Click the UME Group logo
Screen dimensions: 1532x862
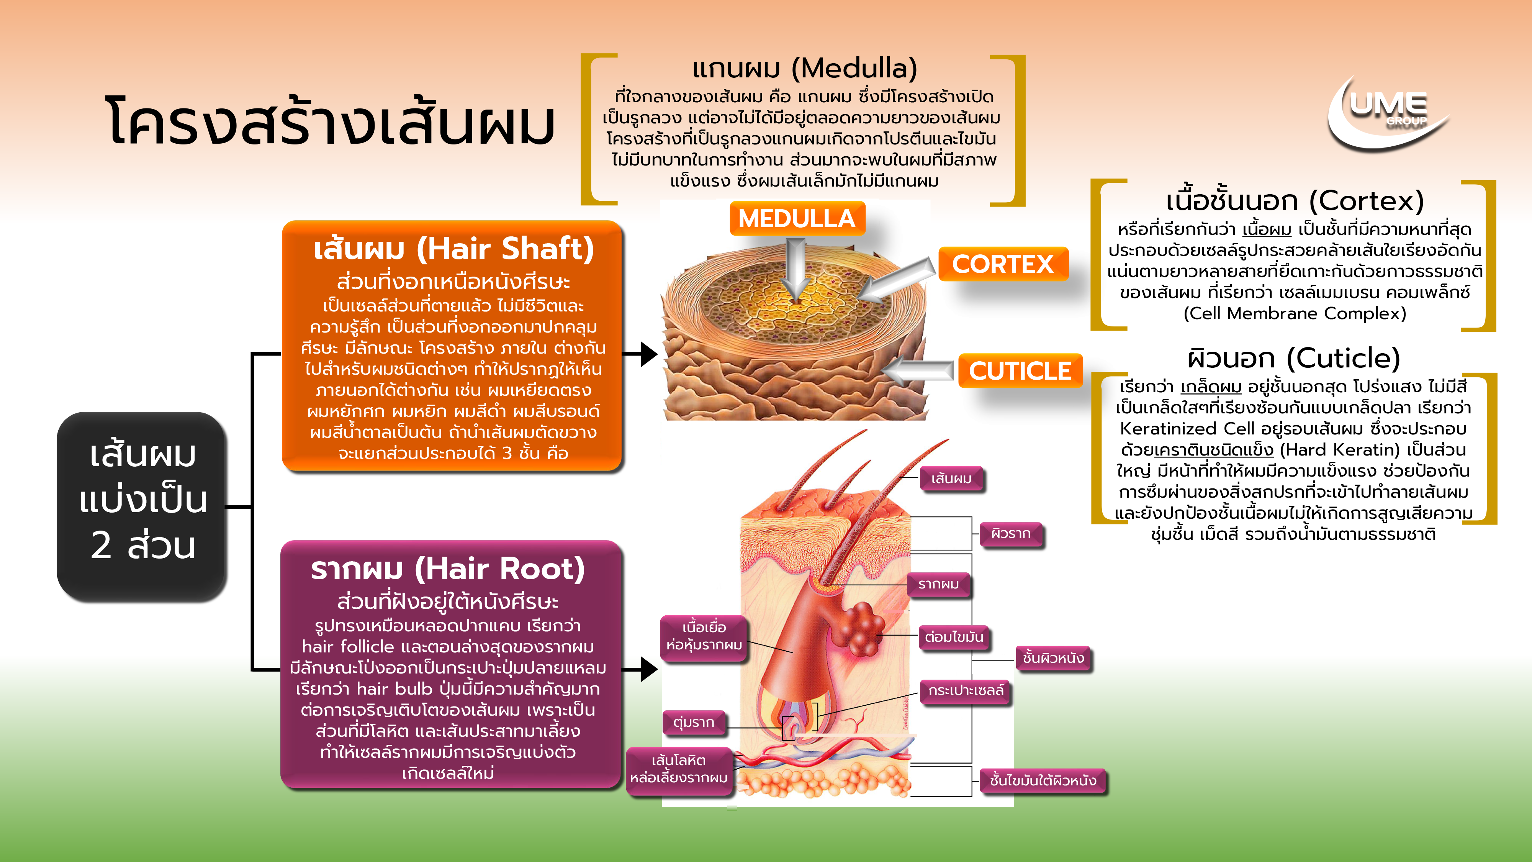(x=1388, y=113)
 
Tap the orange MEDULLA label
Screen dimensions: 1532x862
(x=797, y=218)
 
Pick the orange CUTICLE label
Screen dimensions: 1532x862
(x=1020, y=370)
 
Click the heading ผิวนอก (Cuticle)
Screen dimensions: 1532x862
(x=1293, y=358)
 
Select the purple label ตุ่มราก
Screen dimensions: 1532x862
(x=694, y=722)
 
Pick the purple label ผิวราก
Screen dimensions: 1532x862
(x=1010, y=534)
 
